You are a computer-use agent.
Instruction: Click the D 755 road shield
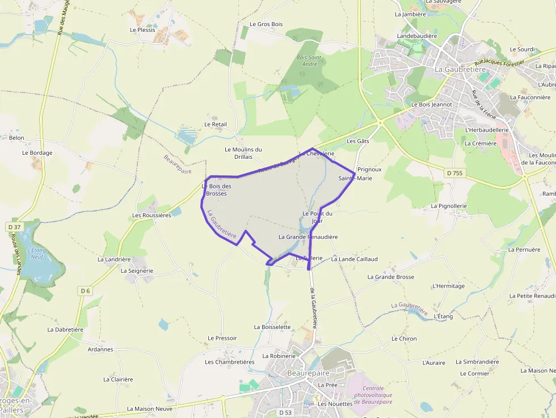454,172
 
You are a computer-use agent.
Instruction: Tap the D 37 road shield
14,227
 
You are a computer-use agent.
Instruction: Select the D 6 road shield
85,291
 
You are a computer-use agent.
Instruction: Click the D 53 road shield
285,412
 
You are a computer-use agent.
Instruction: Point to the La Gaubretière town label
460,69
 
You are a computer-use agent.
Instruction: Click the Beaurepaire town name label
309,374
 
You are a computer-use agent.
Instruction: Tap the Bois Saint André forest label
310,61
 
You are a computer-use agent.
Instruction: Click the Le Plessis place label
142,29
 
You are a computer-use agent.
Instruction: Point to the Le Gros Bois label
266,24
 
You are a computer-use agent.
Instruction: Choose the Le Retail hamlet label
216,124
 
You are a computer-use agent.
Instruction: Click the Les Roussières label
151,215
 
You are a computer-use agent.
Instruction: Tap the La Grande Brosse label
391,277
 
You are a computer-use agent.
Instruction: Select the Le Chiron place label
404,339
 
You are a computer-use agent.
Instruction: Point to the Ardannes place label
100,349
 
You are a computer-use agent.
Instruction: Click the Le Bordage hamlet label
37,153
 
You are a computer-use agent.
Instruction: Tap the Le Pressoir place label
222,338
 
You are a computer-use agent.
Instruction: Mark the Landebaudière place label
417,36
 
